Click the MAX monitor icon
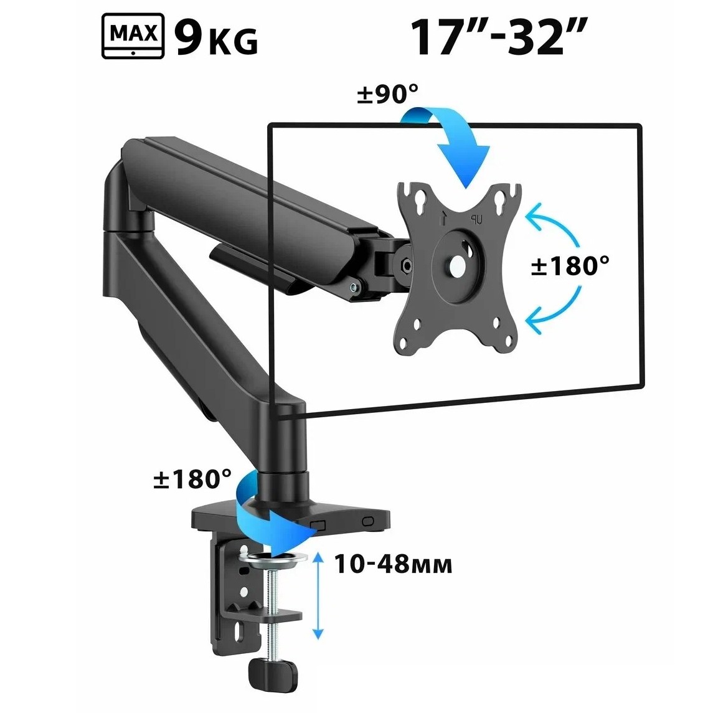pos(133,36)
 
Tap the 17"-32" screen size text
pos(498,36)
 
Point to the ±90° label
pos(387,94)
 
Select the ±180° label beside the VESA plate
pos(570,265)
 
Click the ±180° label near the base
pos(192,479)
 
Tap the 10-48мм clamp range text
pos(394,564)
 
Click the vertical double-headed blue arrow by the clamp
pos(318,596)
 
